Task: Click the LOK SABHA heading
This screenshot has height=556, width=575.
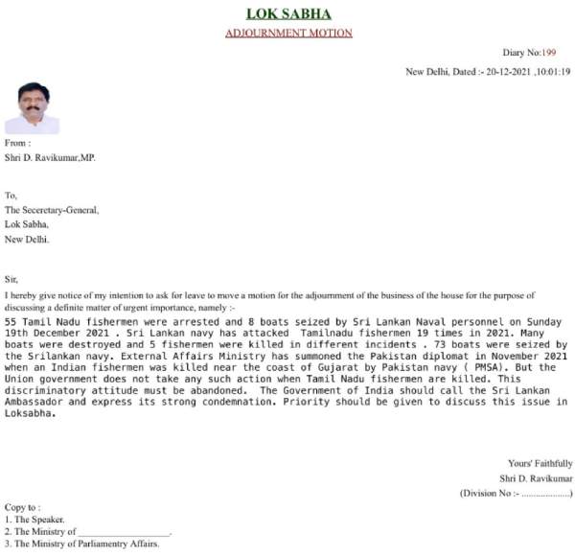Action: [x=288, y=13]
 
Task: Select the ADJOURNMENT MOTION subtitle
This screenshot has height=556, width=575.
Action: [x=288, y=33]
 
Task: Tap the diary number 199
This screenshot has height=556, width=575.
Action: [x=549, y=53]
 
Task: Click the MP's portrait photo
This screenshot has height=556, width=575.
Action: [x=33, y=107]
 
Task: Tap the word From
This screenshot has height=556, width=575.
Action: [x=17, y=143]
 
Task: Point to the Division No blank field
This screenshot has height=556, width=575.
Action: [x=544, y=493]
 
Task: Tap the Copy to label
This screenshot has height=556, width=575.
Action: [x=23, y=507]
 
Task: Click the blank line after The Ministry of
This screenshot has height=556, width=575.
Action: [x=124, y=531]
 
